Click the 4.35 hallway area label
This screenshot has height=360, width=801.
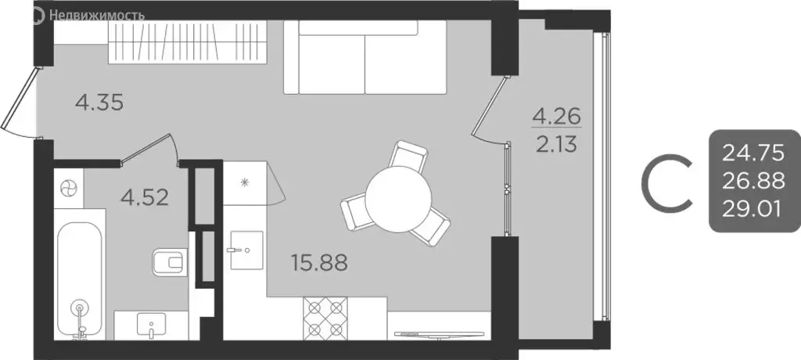[99, 103]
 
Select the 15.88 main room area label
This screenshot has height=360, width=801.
[320, 261]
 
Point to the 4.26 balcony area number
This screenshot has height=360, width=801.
[556, 118]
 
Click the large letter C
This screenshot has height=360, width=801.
[666, 182]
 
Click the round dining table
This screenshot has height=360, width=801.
[398, 197]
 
